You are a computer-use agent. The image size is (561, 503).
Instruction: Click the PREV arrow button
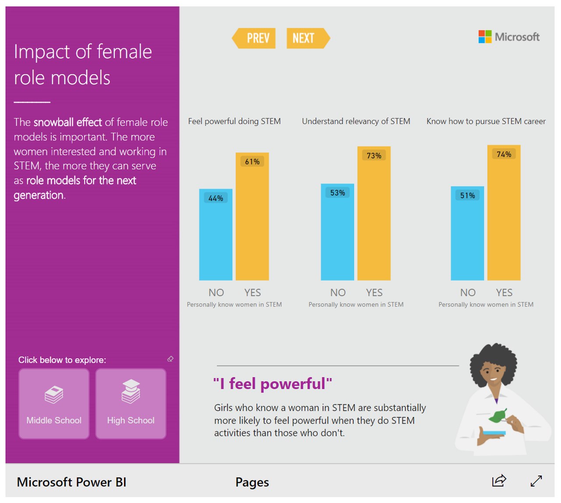(x=254, y=39)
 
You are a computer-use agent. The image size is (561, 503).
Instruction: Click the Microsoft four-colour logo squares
(x=485, y=37)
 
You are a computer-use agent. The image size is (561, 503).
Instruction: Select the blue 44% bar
(x=216, y=237)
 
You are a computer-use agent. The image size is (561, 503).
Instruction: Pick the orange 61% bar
(x=252, y=219)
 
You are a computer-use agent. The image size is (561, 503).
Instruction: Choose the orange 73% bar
(x=374, y=215)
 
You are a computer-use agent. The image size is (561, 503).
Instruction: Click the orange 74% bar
(x=504, y=215)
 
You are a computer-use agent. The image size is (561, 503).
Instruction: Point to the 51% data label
(x=468, y=196)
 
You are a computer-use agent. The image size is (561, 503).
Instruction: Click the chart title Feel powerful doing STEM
(x=234, y=121)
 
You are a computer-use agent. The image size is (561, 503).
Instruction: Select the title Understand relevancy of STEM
(x=356, y=121)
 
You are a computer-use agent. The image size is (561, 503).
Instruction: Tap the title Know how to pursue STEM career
(x=486, y=121)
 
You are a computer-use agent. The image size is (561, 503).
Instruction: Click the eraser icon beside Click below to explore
(x=170, y=359)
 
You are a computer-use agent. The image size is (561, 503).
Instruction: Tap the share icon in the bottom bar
(x=499, y=481)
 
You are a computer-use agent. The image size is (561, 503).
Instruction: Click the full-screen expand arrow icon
(x=536, y=481)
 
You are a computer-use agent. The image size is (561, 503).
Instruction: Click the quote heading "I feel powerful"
(x=273, y=384)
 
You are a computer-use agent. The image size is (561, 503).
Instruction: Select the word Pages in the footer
(x=252, y=482)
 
